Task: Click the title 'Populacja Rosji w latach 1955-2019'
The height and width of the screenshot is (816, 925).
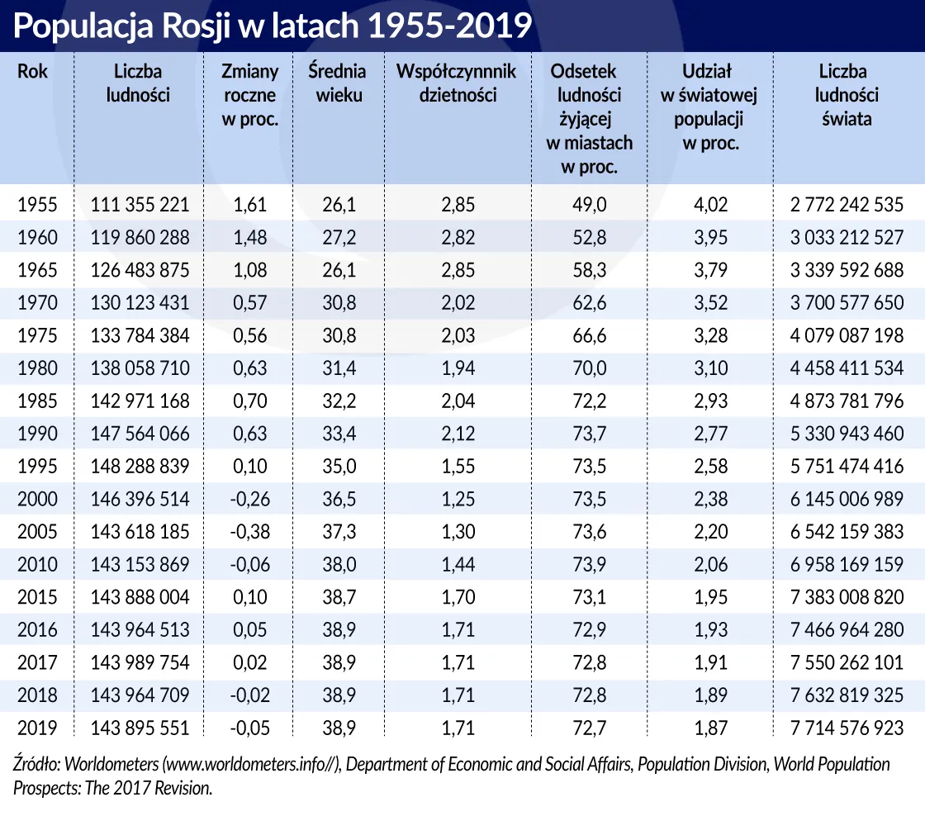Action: [272, 26]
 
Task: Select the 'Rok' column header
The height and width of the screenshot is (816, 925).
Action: [33, 72]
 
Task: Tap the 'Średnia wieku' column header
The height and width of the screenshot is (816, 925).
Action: [337, 83]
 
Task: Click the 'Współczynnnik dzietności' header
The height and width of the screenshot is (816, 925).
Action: [458, 83]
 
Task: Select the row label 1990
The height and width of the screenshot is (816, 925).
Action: [37, 434]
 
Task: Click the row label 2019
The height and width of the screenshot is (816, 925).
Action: [37, 728]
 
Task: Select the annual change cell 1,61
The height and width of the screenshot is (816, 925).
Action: [251, 205]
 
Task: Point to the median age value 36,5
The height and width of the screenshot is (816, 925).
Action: [339, 499]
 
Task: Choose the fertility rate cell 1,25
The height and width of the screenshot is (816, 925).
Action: [458, 499]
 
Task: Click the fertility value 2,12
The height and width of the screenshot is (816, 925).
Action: [458, 434]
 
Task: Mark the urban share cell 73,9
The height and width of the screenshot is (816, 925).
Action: [590, 564]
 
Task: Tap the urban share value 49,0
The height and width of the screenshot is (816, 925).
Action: [590, 205]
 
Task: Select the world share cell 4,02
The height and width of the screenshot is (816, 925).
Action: [710, 205]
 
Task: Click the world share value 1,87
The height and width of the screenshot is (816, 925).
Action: [710, 728]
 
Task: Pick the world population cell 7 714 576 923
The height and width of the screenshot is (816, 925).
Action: [847, 728]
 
